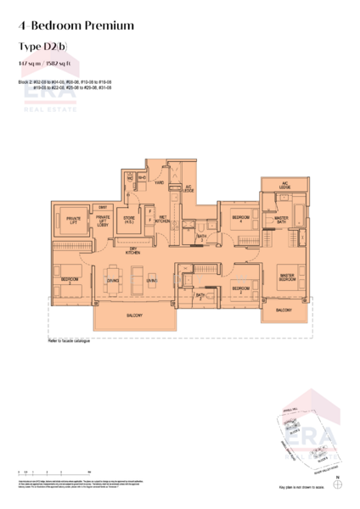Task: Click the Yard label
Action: tap(158, 182)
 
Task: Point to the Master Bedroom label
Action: tap(287, 276)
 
